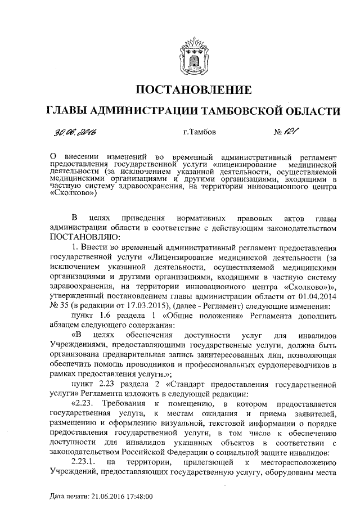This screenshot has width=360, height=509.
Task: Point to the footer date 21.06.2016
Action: (101, 497)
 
